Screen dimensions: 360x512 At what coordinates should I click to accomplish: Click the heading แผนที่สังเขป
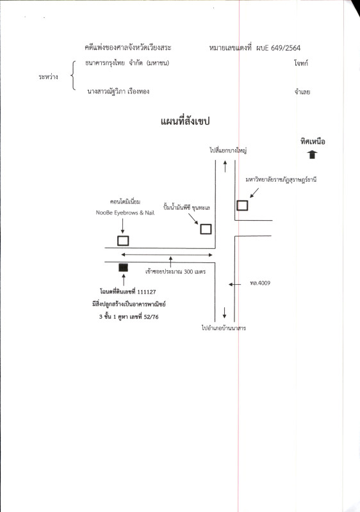185,122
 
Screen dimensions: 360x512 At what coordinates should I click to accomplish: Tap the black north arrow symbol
313,154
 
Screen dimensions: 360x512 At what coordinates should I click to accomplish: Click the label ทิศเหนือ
313,141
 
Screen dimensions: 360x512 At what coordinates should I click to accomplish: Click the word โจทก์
301,63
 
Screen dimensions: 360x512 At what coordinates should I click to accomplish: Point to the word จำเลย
302,92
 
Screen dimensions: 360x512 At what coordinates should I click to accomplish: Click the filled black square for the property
123,268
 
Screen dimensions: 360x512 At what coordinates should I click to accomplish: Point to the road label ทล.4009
260,283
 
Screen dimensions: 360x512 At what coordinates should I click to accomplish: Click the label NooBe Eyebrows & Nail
125,212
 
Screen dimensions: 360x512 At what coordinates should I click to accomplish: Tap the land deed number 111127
146,292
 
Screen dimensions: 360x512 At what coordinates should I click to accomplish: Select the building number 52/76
151,317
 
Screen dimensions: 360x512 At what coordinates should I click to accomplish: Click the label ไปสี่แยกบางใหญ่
228,150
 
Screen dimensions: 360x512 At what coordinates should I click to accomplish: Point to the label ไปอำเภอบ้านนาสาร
224,328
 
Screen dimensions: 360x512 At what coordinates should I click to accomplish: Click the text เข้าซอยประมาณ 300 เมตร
176,271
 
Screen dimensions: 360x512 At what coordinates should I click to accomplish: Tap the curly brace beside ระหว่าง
73,76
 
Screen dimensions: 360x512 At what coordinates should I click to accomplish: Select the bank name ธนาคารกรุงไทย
104,63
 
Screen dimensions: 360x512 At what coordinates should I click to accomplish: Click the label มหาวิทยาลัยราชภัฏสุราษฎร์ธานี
281,180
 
